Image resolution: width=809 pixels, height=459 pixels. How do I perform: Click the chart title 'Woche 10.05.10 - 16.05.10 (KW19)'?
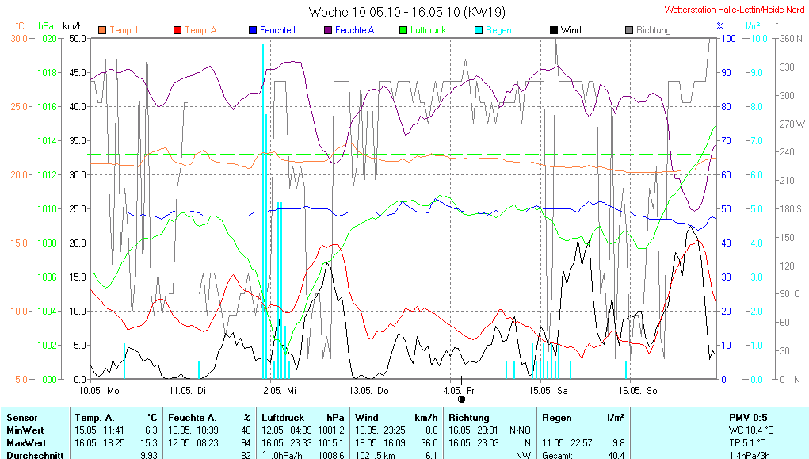[406, 12]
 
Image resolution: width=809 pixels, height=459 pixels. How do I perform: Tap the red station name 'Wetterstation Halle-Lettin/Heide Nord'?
[733, 10]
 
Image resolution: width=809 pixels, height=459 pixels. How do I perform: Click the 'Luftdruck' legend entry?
[428, 30]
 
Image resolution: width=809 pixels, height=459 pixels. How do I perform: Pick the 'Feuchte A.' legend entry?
[354, 30]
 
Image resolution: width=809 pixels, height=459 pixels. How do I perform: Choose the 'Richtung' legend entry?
[653, 30]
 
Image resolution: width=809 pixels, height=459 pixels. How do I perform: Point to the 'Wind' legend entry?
[570, 30]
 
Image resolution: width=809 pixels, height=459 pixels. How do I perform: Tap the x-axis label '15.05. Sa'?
[550, 391]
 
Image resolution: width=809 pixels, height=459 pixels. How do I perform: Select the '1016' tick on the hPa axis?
[48, 106]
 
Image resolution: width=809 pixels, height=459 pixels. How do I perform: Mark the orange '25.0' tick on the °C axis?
[19, 106]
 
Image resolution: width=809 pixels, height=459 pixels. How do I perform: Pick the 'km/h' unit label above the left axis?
[74, 26]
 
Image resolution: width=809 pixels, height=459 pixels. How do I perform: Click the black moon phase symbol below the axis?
[461, 387]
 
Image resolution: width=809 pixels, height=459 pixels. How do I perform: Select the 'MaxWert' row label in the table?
[25, 442]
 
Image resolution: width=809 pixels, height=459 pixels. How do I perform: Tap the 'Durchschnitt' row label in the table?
[32, 455]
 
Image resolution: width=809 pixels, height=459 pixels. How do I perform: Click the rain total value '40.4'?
[616, 455]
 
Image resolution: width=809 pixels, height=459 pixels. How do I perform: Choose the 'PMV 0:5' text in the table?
[748, 417]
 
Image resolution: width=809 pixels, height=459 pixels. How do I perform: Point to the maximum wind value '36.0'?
[428, 442]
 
